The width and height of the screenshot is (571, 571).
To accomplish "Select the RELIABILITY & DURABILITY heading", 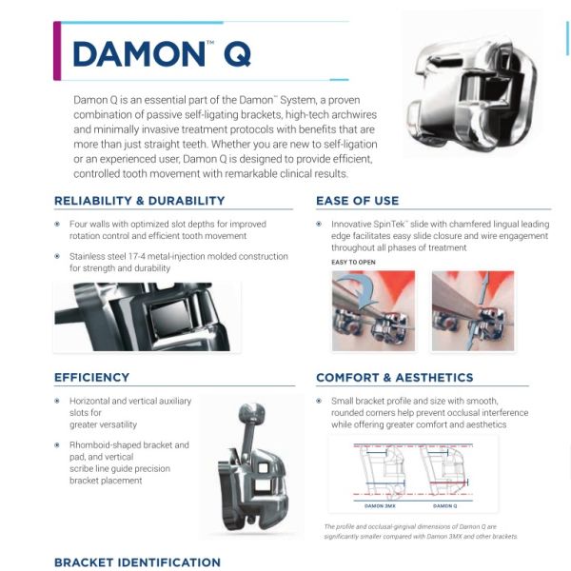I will (x=140, y=201).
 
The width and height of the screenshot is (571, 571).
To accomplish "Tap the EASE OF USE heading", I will (x=358, y=201).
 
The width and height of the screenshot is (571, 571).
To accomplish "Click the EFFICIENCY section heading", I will (x=92, y=378).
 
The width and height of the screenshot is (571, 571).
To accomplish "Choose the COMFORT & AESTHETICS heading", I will (x=395, y=378).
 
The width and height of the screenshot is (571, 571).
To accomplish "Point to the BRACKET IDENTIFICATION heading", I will (x=138, y=562).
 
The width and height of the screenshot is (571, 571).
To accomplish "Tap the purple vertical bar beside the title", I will (x=57, y=50).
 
